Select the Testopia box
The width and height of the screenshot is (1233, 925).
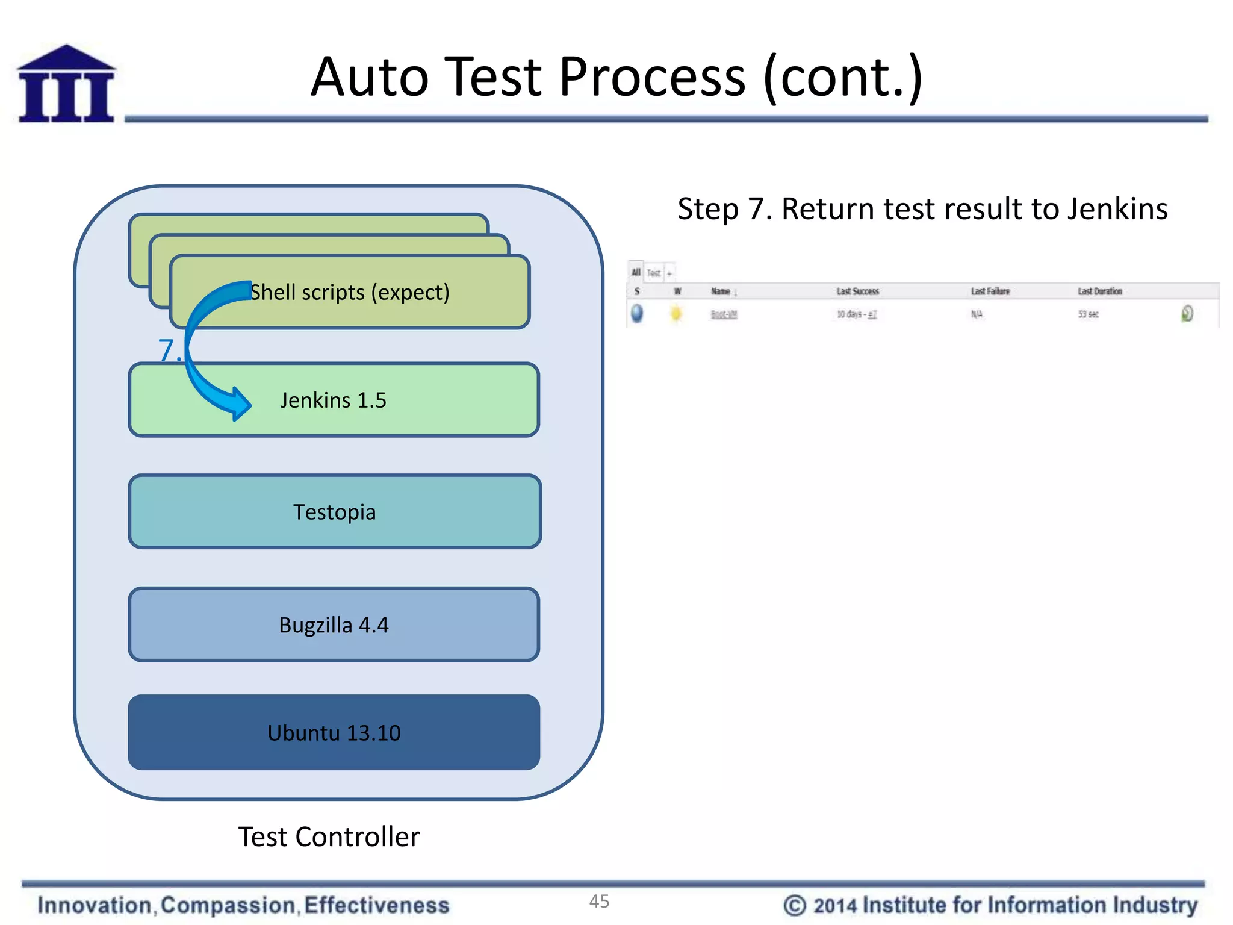coord(335,512)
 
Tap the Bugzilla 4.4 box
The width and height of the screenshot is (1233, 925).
coord(334,625)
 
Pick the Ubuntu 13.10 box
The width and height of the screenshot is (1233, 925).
coord(334,733)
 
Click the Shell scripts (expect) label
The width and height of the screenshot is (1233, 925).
coord(350,293)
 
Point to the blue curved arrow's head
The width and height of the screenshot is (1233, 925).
coord(241,403)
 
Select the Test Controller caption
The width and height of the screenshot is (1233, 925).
coord(329,837)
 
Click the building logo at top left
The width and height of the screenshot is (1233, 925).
coord(66,84)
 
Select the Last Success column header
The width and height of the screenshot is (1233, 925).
coord(857,291)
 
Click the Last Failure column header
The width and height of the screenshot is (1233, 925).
coord(990,291)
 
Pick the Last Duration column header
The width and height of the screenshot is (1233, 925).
coord(1099,291)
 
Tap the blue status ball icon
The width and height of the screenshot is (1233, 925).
coord(636,314)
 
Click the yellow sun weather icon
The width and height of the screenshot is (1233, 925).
coord(676,314)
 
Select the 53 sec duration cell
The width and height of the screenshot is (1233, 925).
coord(1088,314)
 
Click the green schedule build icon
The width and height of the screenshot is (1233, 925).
coord(1187,314)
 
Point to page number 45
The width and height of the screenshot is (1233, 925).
coord(599,902)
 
